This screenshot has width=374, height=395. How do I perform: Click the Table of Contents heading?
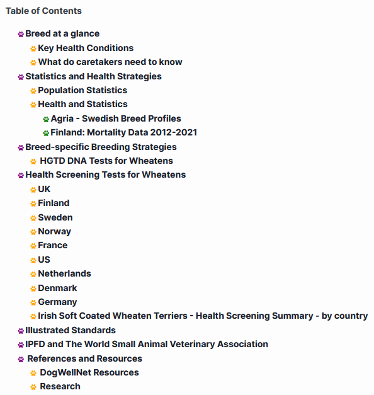pyautogui.click(x=43, y=11)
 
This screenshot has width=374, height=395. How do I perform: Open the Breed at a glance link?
pyautogui.click(x=62, y=34)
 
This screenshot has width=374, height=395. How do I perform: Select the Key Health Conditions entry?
pyautogui.click(x=86, y=48)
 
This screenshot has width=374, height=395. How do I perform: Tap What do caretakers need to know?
pyautogui.click(x=110, y=62)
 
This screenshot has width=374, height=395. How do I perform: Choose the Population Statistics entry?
pyautogui.click(x=82, y=90)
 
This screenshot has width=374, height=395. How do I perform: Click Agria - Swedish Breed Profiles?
pyautogui.click(x=116, y=118)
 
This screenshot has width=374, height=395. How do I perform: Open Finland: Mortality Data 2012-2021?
pyautogui.click(x=124, y=132)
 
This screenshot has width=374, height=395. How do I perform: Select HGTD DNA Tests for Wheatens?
pyautogui.click(x=106, y=161)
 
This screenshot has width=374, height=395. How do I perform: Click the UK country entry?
pyautogui.click(x=44, y=189)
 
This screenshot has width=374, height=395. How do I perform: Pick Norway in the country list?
pyautogui.click(x=55, y=231)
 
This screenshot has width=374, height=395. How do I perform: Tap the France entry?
pyautogui.click(x=53, y=245)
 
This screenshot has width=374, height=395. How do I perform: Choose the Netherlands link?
pyautogui.click(x=64, y=273)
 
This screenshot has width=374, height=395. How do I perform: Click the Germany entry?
pyautogui.click(x=57, y=302)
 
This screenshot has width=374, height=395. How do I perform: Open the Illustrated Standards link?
pyautogui.click(x=71, y=330)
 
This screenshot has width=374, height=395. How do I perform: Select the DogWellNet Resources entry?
pyautogui.click(x=89, y=372)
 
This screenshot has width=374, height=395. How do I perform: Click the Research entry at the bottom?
pyautogui.click(x=60, y=386)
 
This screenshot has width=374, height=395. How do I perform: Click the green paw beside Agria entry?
pyautogui.click(x=46, y=119)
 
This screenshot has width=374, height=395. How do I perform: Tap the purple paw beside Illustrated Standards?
pyautogui.click(x=21, y=331)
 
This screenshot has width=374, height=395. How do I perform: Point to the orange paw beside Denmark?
pyautogui.click(x=33, y=289)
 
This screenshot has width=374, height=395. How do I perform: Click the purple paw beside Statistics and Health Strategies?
pyautogui.click(x=21, y=77)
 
